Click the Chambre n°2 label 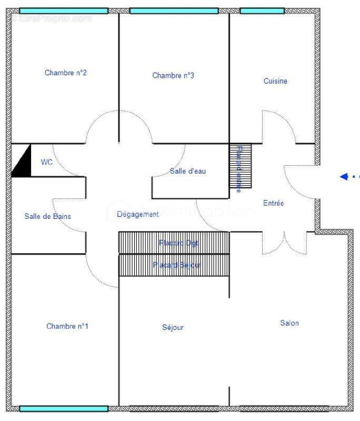click(66, 73)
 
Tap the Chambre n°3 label click(173, 76)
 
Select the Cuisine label click(275, 81)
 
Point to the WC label click(47, 162)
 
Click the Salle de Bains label click(47, 216)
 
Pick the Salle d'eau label click(187, 171)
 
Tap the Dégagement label click(138, 214)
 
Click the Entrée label click(274, 203)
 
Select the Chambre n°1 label click(67, 326)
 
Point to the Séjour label click(173, 327)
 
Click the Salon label click(289, 323)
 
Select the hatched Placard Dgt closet click(174, 243)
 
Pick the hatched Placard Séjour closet click(174, 265)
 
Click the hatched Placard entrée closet click(240, 166)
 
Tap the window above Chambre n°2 click(64, 11)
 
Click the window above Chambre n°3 click(174, 11)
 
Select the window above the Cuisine click(262, 11)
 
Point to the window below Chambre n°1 click(64, 408)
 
